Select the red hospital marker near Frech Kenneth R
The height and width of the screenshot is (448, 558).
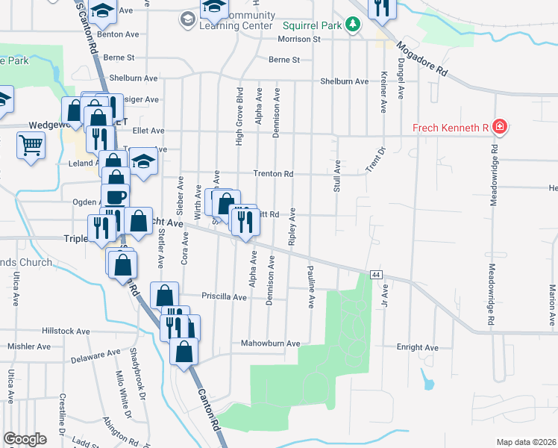click(499, 128)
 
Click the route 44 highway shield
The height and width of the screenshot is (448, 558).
click(376, 276)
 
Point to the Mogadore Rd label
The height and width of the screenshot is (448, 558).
click(423, 60)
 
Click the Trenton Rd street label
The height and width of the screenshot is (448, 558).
click(273, 174)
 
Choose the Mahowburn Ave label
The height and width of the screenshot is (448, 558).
click(270, 343)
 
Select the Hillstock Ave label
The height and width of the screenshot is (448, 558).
click(66, 331)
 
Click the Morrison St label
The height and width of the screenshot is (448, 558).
click(298, 39)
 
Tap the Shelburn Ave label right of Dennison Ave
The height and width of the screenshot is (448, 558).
click(344, 81)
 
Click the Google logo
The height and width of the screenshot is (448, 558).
click(25, 438)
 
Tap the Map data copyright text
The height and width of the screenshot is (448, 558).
click(526, 442)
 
